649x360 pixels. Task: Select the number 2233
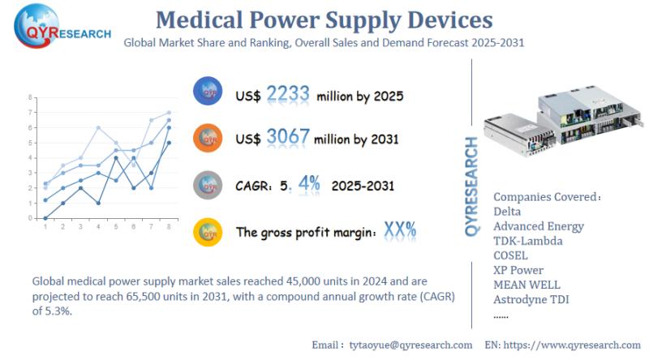(287, 95)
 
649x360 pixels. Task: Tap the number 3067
(287, 137)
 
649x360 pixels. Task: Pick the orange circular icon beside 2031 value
(208, 138)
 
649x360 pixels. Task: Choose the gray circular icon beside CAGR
(208, 185)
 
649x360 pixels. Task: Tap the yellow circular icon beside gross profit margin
(208, 231)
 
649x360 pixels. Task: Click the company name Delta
(508, 212)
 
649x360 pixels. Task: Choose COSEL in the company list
(510, 255)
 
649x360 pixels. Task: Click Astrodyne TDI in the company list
(532, 299)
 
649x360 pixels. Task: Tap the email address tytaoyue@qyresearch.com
(410, 345)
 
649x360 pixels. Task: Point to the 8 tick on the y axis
(30, 97)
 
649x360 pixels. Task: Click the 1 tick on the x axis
(45, 227)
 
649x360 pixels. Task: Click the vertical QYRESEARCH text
(472, 186)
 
